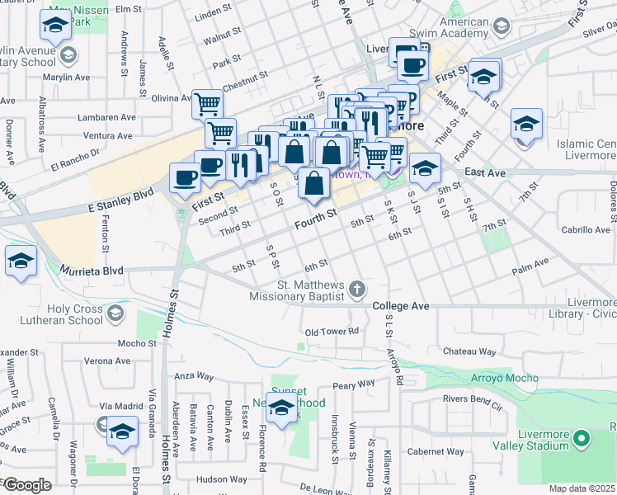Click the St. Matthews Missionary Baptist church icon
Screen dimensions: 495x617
(356, 289)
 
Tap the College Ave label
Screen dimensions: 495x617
(401, 306)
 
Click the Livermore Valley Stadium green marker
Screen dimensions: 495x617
(582, 439)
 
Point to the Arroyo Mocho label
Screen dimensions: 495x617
(504, 378)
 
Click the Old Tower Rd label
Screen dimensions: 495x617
(332, 332)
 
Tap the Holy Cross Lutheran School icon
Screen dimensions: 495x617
(115, 312)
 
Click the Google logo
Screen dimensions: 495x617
(27, 486)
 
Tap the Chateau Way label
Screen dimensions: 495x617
(470, 351)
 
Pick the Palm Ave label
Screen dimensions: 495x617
(530, 264)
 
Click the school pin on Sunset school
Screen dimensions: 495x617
(281, 408)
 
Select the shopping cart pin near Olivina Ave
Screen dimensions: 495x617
(208, 104)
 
